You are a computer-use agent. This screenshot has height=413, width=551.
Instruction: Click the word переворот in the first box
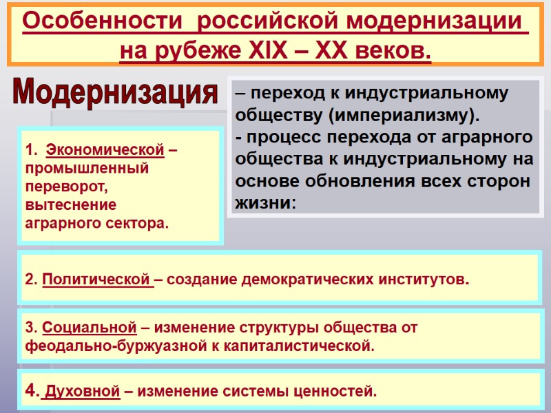click(x=65, y=187)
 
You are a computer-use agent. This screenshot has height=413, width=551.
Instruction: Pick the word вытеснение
click(x=70, y=204)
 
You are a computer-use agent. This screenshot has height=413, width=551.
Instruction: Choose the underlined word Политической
click(x=96, y=280)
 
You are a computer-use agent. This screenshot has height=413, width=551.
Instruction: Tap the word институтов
click(x=424, y=280)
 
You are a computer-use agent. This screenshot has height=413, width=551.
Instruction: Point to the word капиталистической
click(x=305, y=346)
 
